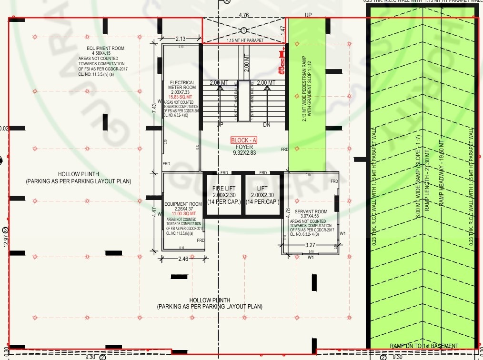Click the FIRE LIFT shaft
(x=223, y=195)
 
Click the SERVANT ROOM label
(x=311, y=211)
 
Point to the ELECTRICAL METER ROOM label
(x=182, y=85)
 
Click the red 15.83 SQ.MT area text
(x=182, y=97)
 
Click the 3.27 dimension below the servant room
(x=310, y=246)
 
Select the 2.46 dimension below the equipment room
(x=183, y=259)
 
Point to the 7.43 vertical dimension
(x=154, y=108)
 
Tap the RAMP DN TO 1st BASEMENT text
(x=423, y=346)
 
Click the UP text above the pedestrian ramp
(x=308, y=15)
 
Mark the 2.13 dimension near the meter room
(x=180, y=39)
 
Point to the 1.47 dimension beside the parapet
(x=282, y=30)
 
